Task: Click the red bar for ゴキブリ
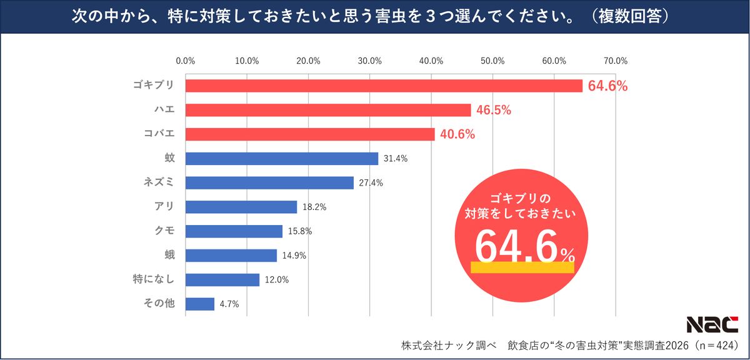coord(384,86)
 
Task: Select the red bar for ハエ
coord(328,110)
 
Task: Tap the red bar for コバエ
coord(310,134)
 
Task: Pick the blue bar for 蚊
coord(282,159)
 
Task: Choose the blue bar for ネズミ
coord(269,182)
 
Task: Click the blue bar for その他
coord(200,304)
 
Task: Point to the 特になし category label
coord(154,279)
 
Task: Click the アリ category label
coord(164,207)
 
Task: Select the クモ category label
coord(164,231)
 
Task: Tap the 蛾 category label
coord(169,255)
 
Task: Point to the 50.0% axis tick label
coord(493,61)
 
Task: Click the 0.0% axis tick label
coord(186,61)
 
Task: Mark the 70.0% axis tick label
coord(616,61)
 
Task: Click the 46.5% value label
coord(494,111)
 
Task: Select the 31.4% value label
coord(396,159)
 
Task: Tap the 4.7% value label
coord(229,304)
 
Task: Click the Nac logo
coord(712,324)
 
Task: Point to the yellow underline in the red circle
coord(522,267)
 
